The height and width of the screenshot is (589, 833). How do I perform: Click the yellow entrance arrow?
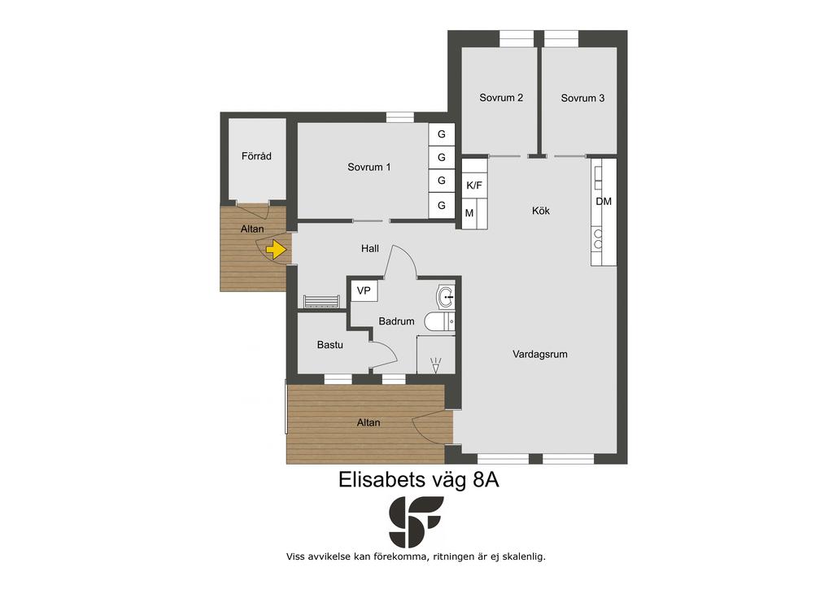(277, 249)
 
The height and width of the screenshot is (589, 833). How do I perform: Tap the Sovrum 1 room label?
(369, 167)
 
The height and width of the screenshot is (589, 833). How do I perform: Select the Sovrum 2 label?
(501, 98)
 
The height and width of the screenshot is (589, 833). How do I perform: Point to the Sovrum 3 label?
(582, 98)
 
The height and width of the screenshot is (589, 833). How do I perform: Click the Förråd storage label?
(256, 156)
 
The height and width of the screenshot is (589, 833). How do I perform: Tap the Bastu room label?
(330, 345)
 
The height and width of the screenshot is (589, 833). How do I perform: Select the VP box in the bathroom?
(364, 291)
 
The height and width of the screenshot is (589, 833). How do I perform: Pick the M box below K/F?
(469, 213)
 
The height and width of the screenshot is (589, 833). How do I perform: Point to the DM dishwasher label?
(604, 201)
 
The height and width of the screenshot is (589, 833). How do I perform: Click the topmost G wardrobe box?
(442, 134)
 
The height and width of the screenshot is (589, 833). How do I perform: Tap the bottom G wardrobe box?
(442, 206)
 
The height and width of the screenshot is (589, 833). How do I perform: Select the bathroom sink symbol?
(445, 297)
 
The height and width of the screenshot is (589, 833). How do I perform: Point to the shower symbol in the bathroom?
(436, 365)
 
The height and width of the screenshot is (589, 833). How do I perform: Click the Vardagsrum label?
(540, 354)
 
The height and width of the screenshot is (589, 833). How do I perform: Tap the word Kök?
(541, 211)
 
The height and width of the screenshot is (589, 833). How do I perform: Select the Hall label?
(370, 248)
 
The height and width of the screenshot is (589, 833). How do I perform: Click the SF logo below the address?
(416, 521)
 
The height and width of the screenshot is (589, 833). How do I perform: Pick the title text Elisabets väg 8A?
(419, 480)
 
